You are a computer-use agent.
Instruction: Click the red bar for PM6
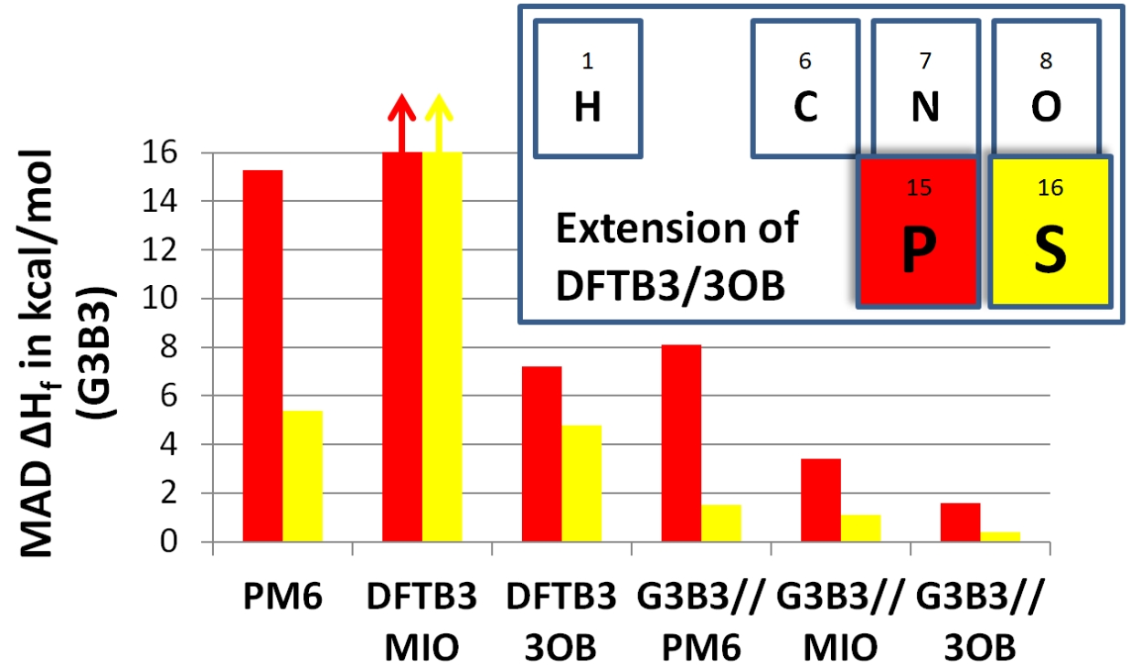pyautogui.click(x=262, y=356)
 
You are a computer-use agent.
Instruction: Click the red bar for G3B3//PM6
pyautogui.click(x=682, y=443)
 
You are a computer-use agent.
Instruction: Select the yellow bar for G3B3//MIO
pyautogui.click(x=861, y=529)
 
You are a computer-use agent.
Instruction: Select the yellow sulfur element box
pyautogui.click(x=1049, y=231)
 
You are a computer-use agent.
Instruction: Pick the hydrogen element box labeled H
pyautogui.click(x=587, y=89)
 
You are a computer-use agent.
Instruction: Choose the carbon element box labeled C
pyautogui.click(x=804, y=89)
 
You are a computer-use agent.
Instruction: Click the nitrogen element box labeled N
pyautogui.click(x=925, y=89)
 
